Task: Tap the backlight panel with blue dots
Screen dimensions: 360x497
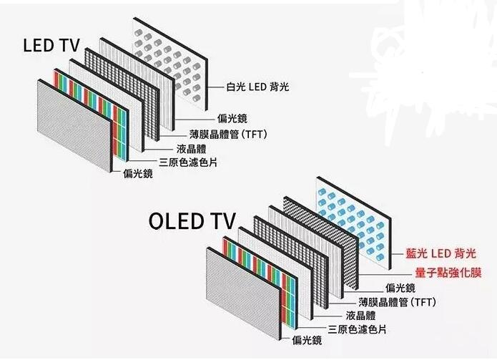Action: tap(354, 218)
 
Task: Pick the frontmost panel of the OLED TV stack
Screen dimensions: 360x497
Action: tap(240, 293)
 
